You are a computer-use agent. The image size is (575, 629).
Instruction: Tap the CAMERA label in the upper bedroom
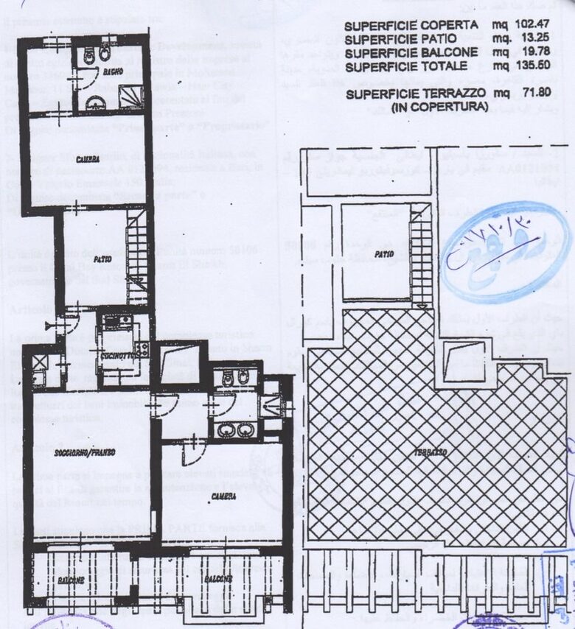[x=86, y=159]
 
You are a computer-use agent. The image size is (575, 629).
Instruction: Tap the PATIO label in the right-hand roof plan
[x=383, y=254]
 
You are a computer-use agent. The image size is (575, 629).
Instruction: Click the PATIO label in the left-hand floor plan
[x=102, y=259]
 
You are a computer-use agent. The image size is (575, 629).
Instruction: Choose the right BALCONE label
[x=220, y=578]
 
